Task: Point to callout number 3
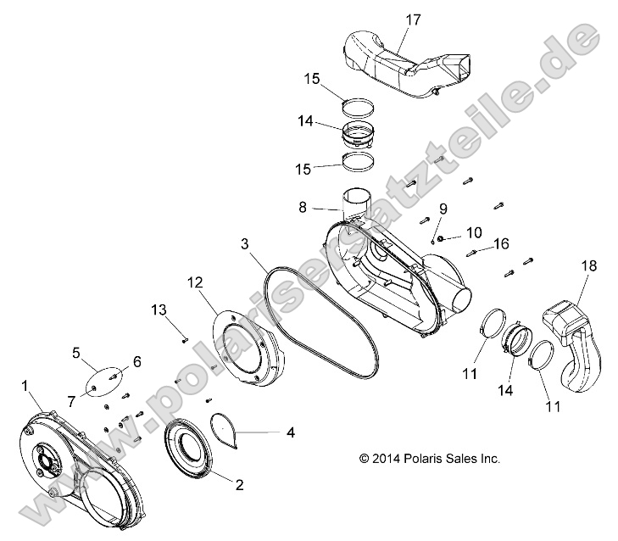click(244, 243)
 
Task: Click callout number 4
click(290, 432)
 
